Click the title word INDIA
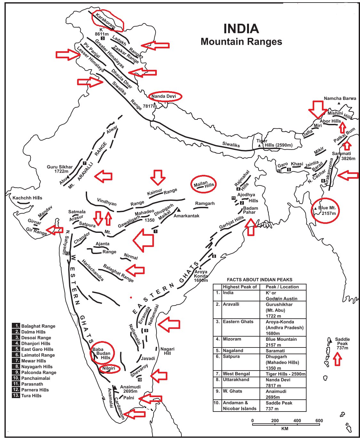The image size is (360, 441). click(x=241, y=29)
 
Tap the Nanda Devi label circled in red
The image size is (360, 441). click(x=164, y=96)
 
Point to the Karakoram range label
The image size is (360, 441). click(x=105, y=21)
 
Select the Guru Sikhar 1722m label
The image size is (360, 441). click(x=60, y=169)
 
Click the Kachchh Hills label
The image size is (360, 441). click(x=27, y=198)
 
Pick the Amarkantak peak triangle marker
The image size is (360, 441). click(x=179, y=209)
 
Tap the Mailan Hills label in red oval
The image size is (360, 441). click(x=204, y=184)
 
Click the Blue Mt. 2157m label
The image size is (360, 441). click(x=327, y=210)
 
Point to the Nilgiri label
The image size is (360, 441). click(x=108, y=368)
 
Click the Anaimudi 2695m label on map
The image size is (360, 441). click(x=130, y=389)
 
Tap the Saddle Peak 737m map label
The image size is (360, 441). click(x=342, y=343)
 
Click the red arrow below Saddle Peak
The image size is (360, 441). click(x=337, y=359)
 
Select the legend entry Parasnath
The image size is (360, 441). click(x=32, y=384)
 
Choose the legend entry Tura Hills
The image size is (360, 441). click(x=31, y=396)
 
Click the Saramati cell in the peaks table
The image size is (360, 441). click(x=275, y=351)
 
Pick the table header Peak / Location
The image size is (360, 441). click(x=282, y=287)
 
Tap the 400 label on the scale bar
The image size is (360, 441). click(x=297, y=421)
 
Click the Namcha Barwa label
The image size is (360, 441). click(x=340, y=98)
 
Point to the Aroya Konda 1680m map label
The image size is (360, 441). click(x=201, y=276)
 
